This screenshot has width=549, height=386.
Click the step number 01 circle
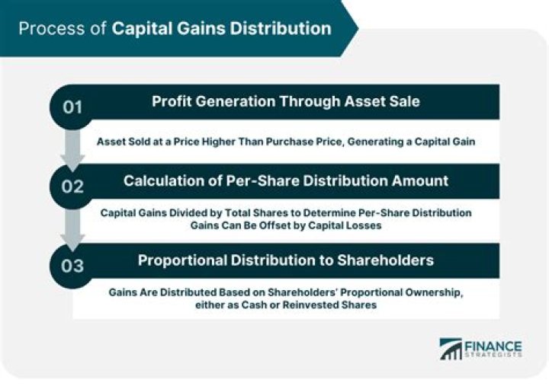(x=72, y=107)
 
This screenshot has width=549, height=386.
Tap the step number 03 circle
(x=72, y=264)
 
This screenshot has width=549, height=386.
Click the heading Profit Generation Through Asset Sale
(x=285, y=101)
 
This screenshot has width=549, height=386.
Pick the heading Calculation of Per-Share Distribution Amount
(x=285, y=180)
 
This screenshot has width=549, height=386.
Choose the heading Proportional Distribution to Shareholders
(x=285, y=260)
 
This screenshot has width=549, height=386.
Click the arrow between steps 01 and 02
(x=73, y=148)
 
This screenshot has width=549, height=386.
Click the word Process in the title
(x=45, y=29)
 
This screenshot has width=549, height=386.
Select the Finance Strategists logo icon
(x=451, y=349)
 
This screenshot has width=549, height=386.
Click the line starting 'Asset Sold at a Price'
(x=285, y=141)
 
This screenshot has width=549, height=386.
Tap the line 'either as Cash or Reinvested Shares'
(x=285, y=305)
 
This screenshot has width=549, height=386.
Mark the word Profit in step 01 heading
(x=172, y=101)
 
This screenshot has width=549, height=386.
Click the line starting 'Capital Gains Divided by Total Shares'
(x=285, y=212)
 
